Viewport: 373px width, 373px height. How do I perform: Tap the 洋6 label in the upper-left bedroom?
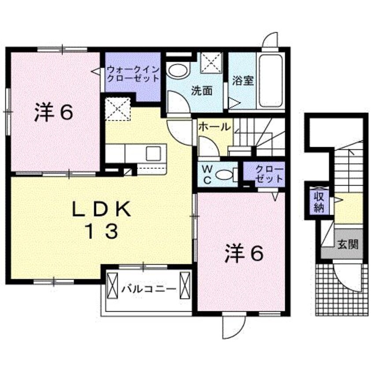(x=53, y=113)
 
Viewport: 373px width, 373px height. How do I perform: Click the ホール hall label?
(x=214, y=127)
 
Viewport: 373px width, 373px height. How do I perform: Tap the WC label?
(x=207, y=175)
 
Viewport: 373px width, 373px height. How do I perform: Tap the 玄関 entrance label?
(x=348, y=244)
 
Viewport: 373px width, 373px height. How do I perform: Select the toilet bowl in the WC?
(x=224, y=175)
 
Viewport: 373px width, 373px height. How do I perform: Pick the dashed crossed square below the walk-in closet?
(x=118, y=108)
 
